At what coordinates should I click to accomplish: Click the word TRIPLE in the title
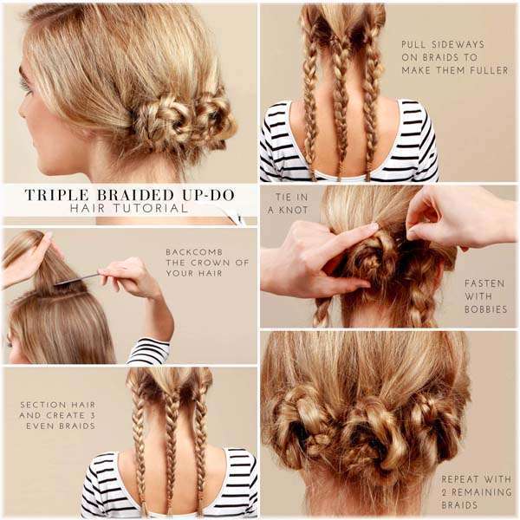(x=57, y=195)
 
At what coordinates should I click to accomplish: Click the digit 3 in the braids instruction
(x=92, y=415)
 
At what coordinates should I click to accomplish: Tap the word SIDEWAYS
(x=459, y=44)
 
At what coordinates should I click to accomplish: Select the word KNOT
(x=292, y=210)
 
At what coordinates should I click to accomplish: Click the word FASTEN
(x=484, y=283)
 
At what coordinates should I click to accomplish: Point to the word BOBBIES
(x=486, y=309)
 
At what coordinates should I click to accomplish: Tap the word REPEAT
(x=460, y=479)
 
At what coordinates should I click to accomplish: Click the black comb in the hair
(x=76, y=279)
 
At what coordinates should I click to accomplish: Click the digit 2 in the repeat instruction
(x=445, y=492)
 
